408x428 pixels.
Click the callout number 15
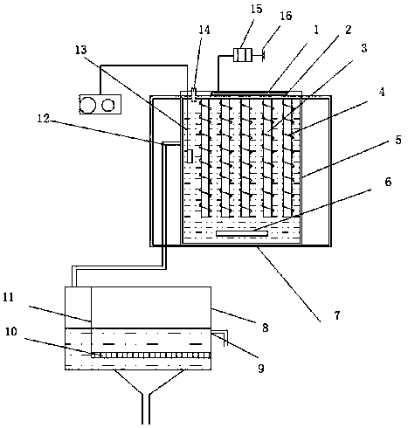tap(256, 9)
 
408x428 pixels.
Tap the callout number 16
tap(286, 16)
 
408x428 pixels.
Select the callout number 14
tap(204, 30)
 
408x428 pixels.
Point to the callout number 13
tap(80, 50)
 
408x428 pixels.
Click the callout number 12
tap(44, 118)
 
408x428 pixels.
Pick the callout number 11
tap(9, 298)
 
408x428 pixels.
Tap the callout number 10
tap(11, 332)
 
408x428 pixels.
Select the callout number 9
tap(261, 369)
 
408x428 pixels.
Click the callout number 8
tap(265, 328)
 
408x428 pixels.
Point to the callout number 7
tap(337, 315)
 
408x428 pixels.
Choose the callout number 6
tap(388, 182)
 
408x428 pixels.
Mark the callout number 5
tap(398, 140)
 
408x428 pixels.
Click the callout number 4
tap(382, 92)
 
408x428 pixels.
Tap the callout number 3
tap(364, 48)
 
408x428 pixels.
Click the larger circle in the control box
tap(87, 105)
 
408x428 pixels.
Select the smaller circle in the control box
tap(108, 105)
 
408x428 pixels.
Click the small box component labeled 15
tap(242, 55)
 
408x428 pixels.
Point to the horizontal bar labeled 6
tap(242, 233)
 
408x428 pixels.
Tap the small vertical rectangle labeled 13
tap(190, 156)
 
